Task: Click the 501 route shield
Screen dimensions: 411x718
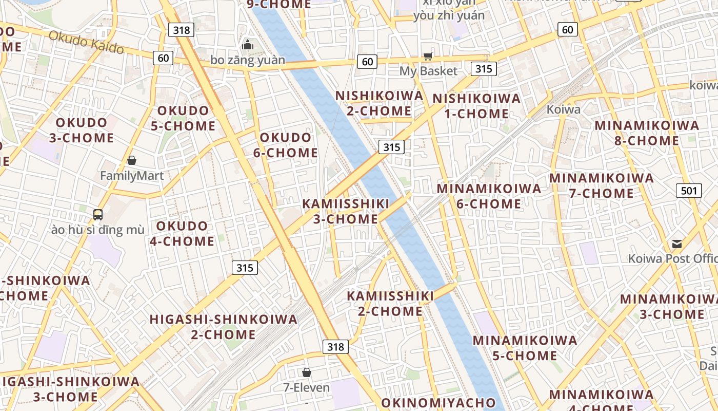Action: pyautogui.click(x=689, y=191)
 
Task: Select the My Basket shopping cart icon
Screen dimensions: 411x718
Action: pyautogui.click(x=428, y=56)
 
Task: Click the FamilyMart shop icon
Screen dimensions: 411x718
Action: pyautogui.click(x=132, y=161)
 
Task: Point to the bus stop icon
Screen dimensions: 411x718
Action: pyautogui.click(x=98, y=214)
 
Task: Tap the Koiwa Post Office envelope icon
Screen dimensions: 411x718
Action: pyautogui.click(x=677, y=244)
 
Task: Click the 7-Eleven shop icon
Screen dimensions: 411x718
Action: pyautogui.click(x=307, y=372)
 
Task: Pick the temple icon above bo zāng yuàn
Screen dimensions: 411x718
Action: pyautogui.click(x=248, y=45)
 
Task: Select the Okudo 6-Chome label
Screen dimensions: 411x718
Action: pyautogui.click(x=285, y=145)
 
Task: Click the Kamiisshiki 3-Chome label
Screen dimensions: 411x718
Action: pyautogui.click(x=346, y=211)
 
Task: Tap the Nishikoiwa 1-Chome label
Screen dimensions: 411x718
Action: pyautogui.click(x=476, y=106)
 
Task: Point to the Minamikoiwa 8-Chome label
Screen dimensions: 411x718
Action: pyautogui.click(x=646, y=133)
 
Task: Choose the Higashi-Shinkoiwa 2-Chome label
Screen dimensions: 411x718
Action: pyautogui.click(x=224, y=327)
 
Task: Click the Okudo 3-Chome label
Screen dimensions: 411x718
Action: pyautogui.click(x=82, y=130)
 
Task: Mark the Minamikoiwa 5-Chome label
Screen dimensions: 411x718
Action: pyautogui.click(x=525, y=348)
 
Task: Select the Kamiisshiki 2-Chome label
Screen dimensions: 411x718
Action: pyautogui.click(x=390, y=303)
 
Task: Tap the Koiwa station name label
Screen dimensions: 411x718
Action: pyautogui.click(x=563, y=109)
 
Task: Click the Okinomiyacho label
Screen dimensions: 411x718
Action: pyautogui.click(x=438, y=403)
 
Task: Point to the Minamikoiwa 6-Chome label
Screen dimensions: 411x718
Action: pyautogui.click(x=489, y=196)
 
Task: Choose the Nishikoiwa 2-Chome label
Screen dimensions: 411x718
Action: pyautogui.click(x=380, y=103)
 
